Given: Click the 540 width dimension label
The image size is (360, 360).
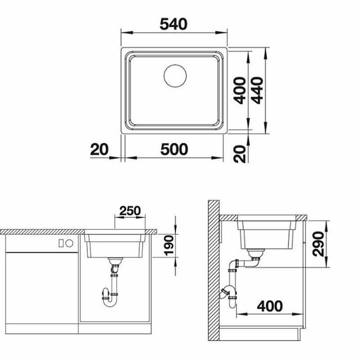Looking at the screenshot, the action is point(174,24).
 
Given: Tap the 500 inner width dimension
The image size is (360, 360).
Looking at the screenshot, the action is point(174,149).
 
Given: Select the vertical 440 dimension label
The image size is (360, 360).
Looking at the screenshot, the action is point(257,90).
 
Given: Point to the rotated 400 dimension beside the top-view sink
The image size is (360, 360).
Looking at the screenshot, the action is point(239,90).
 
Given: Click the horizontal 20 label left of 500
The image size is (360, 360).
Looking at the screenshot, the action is point(99,149).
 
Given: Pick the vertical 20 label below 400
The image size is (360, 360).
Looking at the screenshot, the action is point(239,154).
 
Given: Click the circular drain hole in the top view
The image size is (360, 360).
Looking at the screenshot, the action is point(175,76).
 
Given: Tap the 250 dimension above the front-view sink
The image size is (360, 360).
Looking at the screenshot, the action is point(130,211).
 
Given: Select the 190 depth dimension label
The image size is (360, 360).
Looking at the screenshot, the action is point(170,246).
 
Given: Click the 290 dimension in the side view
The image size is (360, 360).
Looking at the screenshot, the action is point(319,244).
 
